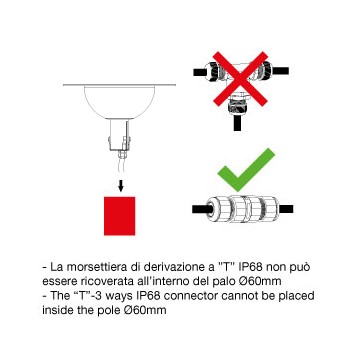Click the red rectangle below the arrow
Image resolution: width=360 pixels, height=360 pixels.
119,216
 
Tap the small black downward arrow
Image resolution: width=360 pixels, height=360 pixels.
121,186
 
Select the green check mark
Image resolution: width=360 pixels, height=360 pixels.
246,170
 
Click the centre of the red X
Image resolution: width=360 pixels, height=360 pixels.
240,79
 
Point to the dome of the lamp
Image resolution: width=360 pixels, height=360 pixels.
120,102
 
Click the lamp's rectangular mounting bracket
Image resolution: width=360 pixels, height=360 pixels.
119,135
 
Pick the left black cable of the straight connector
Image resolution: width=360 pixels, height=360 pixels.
200,209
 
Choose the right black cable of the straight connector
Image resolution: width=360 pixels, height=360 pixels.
285,209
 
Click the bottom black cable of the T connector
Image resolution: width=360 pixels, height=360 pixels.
237,123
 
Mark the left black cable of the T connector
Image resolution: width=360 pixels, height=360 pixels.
199,72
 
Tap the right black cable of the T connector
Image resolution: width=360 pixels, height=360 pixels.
281,71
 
